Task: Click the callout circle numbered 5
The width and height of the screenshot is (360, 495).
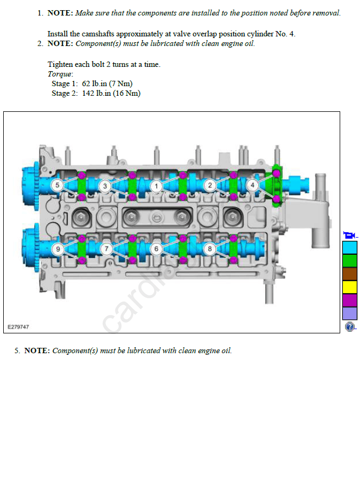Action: tap(57, 185)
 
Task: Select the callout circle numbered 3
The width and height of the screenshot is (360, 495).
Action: tap(105, 186)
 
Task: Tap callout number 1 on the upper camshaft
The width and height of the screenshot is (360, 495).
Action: tap(156, 186)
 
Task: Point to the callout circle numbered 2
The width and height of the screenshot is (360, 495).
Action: tap(210, 185)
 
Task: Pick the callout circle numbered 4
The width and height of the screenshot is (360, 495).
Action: tap(252, 185)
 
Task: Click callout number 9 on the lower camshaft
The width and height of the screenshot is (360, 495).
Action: tap(58, 249)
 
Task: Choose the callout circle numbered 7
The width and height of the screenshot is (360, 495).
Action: tap(106, 249)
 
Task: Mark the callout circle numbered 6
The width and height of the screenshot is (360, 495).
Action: tap(156, 249)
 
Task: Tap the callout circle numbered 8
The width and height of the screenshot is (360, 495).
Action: tap(210, 249)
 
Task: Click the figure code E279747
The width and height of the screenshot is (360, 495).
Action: tap(18, 327)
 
